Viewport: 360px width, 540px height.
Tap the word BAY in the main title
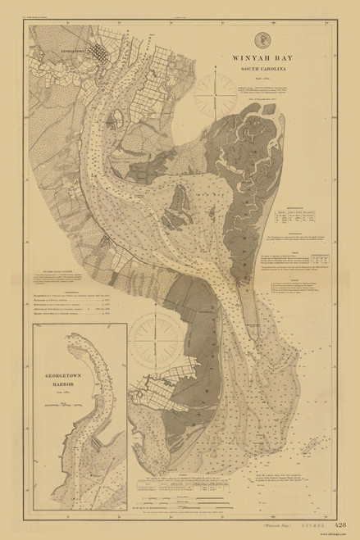coord(274,59)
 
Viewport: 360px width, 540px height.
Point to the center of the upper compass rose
coord(224,88)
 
